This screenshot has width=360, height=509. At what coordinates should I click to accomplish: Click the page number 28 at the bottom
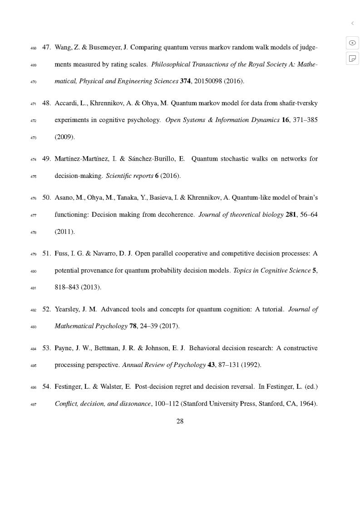180,421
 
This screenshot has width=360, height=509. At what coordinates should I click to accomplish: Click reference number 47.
46,47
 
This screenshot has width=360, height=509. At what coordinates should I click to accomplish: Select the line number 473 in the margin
33,137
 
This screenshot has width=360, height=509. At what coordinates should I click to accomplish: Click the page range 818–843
67,287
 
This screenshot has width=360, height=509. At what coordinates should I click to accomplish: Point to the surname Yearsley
67,309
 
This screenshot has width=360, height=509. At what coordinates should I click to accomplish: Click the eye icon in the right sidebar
352,43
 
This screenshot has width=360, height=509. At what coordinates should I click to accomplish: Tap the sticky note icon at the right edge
352,58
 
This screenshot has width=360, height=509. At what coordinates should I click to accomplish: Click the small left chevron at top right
352,23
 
